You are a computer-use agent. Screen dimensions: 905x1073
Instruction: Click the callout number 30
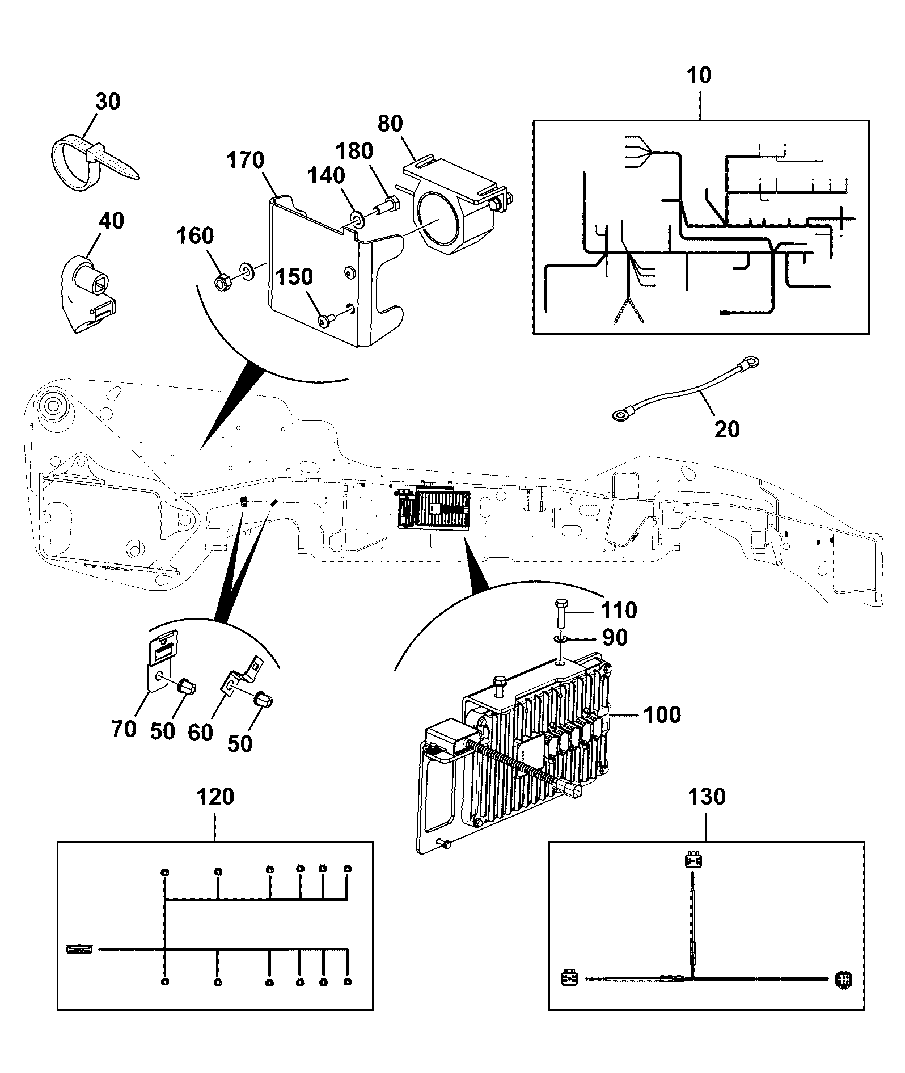tap(108, 102)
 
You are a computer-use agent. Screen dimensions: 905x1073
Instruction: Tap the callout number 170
tap(246, 160)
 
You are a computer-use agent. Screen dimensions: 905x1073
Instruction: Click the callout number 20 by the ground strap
tap(727, 429)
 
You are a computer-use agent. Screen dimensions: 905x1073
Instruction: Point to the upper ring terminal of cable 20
tap(750, 361)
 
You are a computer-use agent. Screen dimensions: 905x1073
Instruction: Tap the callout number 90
tap(615, 637)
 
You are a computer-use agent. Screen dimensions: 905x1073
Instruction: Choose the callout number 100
tap(663, 714)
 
